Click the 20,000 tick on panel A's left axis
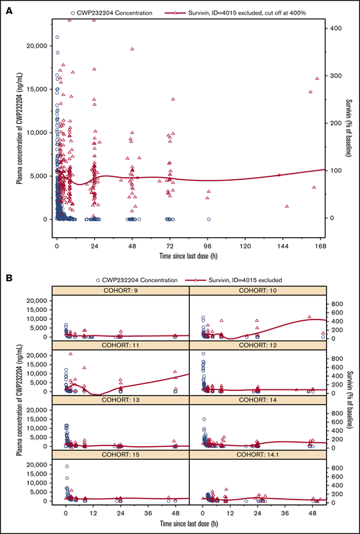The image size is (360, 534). pyautogui.click(x=37, y=46)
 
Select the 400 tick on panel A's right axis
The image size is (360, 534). pyautogui.click(x=334, y=28)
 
